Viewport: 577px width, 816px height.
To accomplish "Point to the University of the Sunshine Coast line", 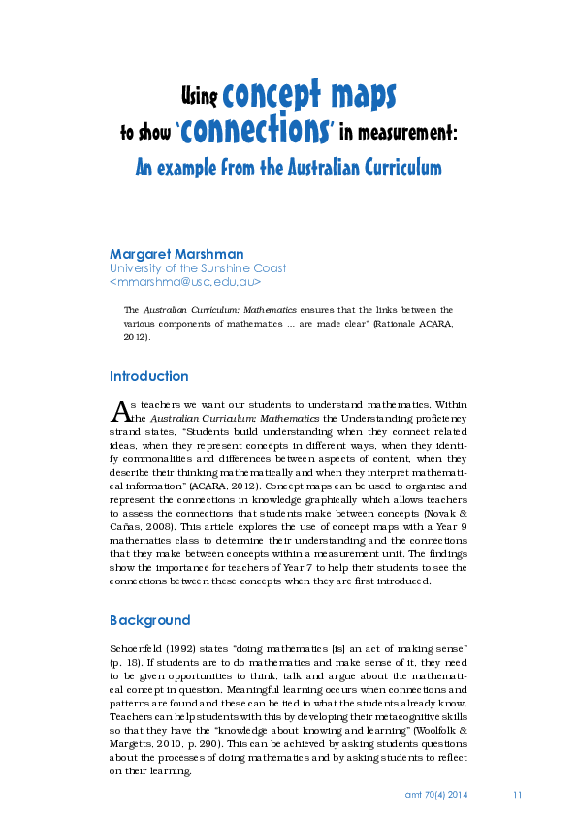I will coord(198,268).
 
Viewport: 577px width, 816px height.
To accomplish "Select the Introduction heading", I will coord(149,376).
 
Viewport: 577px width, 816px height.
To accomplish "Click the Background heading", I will coord(150,619).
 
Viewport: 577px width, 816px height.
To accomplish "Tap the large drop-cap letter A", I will coord(118,409).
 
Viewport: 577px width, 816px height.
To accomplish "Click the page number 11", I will coord(517,795).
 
